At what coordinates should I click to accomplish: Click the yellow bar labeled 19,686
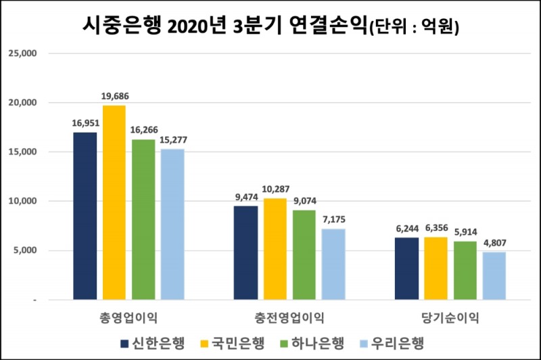[x=114, y=202]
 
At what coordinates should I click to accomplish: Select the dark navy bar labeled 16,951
[x=85, y=216]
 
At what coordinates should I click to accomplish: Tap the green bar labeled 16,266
[x=143, y=219]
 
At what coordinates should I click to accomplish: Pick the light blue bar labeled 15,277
[x=172, y=224]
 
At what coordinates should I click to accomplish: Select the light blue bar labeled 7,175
[x=333, y=264]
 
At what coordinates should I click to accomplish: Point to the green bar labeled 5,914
[x=465, y=270]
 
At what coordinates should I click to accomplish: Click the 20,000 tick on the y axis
[x=24, y=103]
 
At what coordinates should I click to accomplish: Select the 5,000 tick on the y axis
[x=27, y=250]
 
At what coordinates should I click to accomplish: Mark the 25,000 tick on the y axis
[x=24, y=53]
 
